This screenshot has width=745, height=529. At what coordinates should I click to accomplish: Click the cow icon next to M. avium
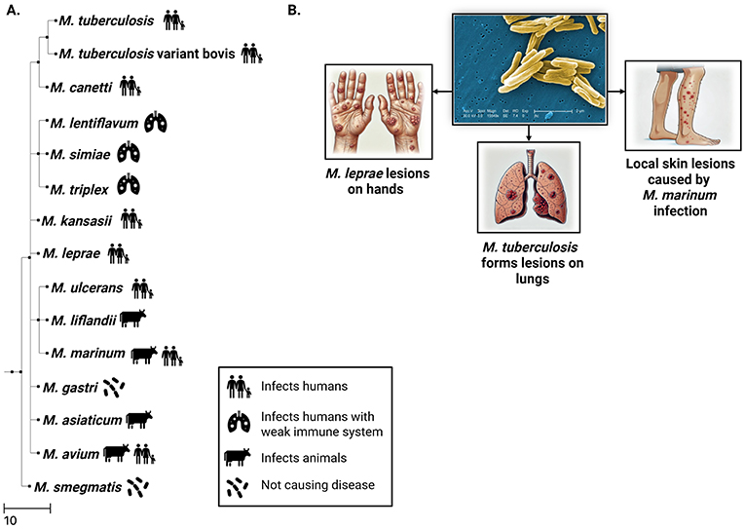point(116,452)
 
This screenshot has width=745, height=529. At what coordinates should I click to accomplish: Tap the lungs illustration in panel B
point(528,186)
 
